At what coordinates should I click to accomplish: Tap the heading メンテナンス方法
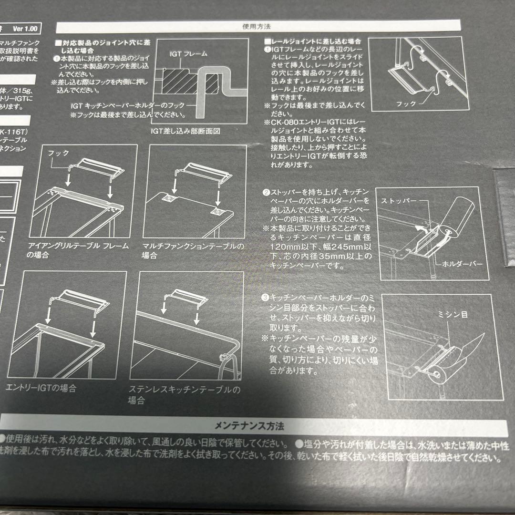pyautogui.click(x=256, y=424)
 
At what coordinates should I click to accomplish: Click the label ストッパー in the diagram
pyautogui.click(x=399, y=201)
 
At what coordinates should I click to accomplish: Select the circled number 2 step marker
pyautogui.click(x=266, y=193)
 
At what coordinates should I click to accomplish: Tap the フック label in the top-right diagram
pyautogui.click(x=406, y=103)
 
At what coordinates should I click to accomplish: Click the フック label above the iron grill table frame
pyautogui.click(x=60, y=154)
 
